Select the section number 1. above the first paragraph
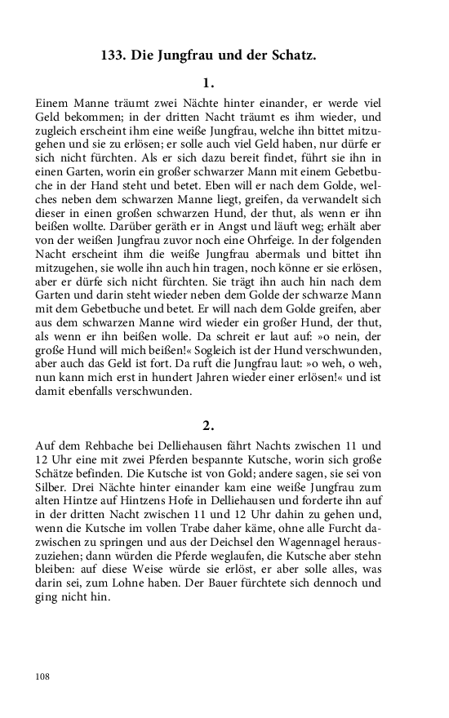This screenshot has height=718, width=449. click(208, 83)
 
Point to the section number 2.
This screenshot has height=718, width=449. click(208, 424)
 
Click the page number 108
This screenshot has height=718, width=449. click(44, 676)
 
